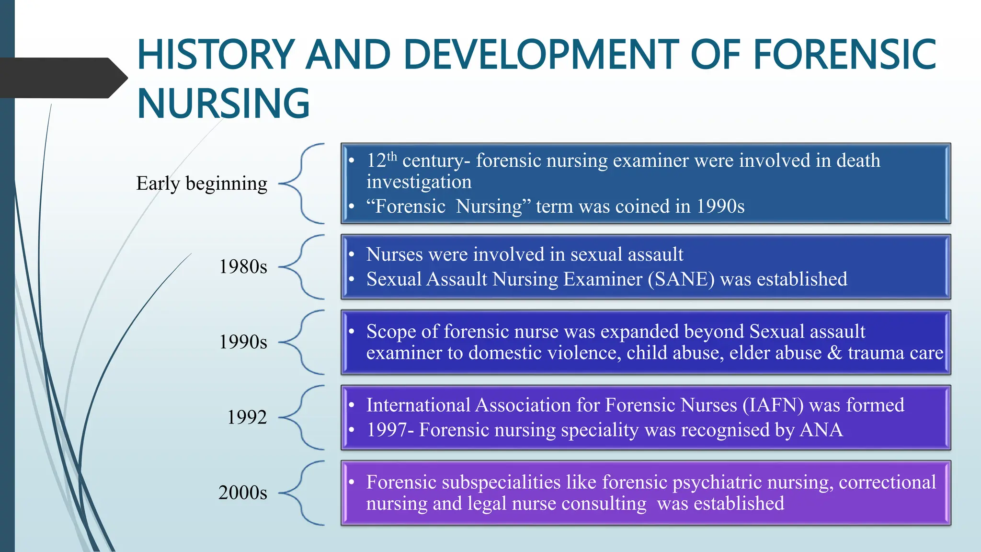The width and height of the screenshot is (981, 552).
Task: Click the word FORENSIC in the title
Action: pyautogui.click(x=844, y=55)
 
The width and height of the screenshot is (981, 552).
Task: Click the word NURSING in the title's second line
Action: pyautogui.click(x=223, y=103)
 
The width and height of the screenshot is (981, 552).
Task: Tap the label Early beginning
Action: pyautogui.click(x=202, y=184)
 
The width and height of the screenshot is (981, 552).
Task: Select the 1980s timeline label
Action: pyautogui.click(x=243, y=267)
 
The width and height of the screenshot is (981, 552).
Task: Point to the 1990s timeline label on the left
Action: pyautogui.click(x=243, y=342)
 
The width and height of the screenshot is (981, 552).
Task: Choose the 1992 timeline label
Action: pyautogui.click(x=247, y=417)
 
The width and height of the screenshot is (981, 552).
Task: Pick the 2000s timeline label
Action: pyautogui.click(x=243, y=493)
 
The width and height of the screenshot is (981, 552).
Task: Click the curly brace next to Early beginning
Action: pyautogui.click(x=302, y=184)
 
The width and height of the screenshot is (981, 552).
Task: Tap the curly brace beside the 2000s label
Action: pyautogui.click(x=302, y=493)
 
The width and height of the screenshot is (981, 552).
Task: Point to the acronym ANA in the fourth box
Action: pyautogui.click(x=821, y=430)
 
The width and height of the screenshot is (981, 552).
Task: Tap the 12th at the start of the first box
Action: pyautogui.click(x=381, y=161)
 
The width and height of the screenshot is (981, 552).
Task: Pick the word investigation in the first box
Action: pyautogui.click(x=419, y=182)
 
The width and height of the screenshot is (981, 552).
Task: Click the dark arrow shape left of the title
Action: pyautogui.click(x=62, y=78)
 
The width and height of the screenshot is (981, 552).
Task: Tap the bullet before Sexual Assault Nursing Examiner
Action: pyautogui.click(x=352, y=279)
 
